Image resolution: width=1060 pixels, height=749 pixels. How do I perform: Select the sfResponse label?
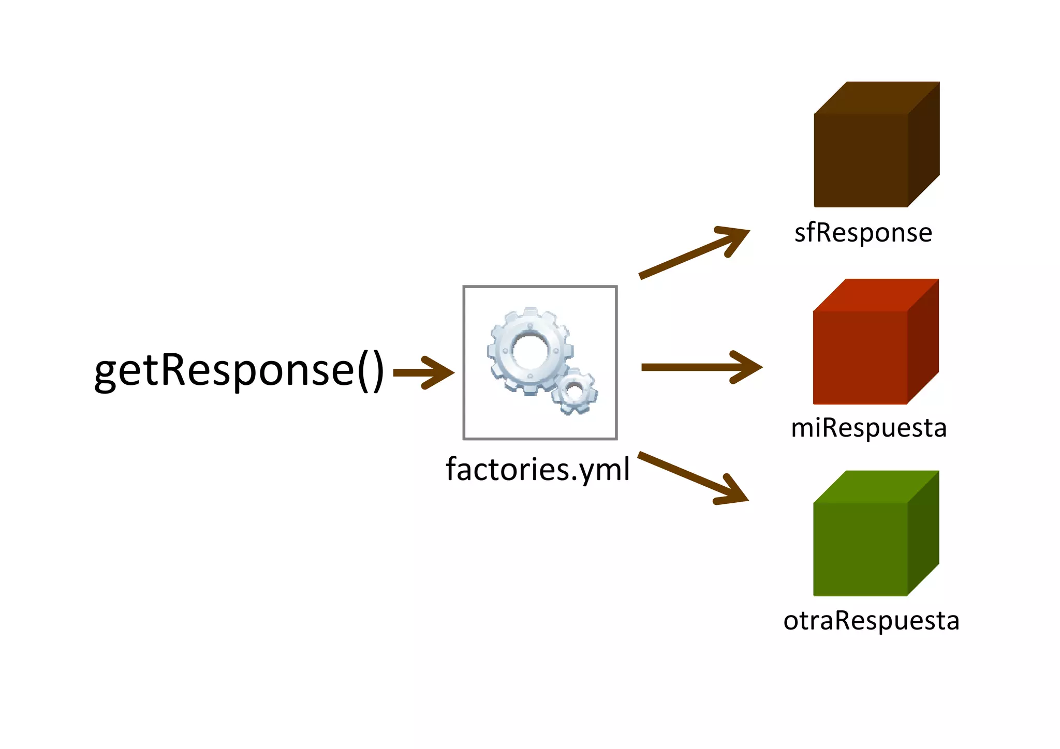pos(863,233)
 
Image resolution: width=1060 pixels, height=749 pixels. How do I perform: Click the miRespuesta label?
pos(868,428)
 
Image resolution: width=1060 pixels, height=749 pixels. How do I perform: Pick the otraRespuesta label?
pos(871,620)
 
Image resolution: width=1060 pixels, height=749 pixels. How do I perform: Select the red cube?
pos(860,357)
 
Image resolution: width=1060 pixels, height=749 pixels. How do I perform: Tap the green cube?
pos(860,548)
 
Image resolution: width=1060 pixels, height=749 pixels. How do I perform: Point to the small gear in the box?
pos(574,392)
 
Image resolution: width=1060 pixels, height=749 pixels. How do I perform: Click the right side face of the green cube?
pos(923,533)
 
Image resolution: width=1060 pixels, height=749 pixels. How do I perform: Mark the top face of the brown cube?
pos(877,97)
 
